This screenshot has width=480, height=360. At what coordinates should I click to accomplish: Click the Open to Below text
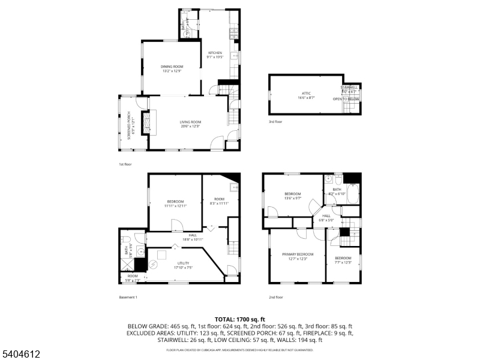click(x=346, y=99)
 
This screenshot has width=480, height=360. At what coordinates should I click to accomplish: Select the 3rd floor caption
click(x=275, y=122)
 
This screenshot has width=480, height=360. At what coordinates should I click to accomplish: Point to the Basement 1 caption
click(x=128, y=297)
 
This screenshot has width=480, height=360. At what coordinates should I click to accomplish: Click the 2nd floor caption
click(x=276, y=297)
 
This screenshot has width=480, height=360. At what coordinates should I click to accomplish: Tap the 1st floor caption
click(x=125, y=164)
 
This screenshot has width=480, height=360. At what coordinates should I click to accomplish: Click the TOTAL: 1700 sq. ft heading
click(x=240, y=319)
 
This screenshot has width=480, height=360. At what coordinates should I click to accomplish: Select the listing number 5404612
click(x=21, y=354)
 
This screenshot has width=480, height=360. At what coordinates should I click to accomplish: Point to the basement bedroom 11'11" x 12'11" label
click(x=175, y=203)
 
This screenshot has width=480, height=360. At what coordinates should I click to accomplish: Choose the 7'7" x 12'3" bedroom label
click(x=343, y=259)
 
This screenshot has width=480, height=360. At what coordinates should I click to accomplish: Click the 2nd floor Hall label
click(x=326, y=218)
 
